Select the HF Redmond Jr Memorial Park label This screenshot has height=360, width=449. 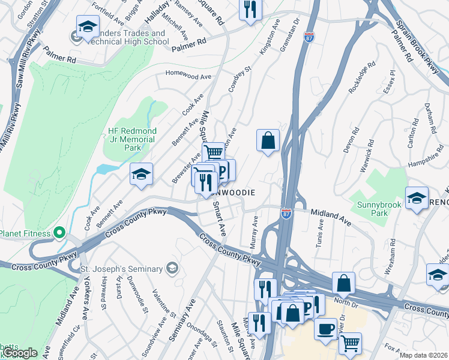tap(131, 139)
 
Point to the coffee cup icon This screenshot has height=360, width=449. tap(325, 329)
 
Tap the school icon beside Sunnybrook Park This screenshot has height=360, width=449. tap(416, 198)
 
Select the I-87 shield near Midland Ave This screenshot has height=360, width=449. tap(286, 213)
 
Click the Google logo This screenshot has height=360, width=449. tap(19, 353)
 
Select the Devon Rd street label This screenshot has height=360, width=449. tap(352, 140)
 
